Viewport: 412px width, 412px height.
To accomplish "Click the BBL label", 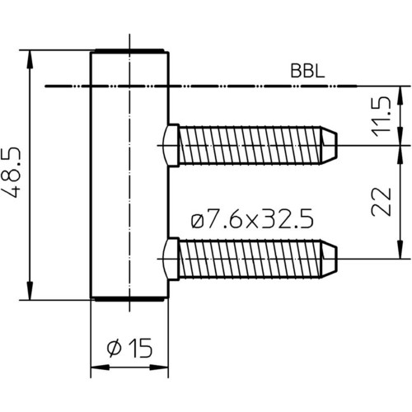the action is click(307, 71).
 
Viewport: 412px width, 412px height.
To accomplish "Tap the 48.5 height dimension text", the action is click(13, 172).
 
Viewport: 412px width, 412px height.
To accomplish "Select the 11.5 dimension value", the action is click(381, 117).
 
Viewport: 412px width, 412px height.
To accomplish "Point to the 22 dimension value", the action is click(381, 202).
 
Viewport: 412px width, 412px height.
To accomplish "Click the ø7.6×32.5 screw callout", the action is click(252, 218).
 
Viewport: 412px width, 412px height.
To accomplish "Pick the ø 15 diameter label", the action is click(129, 348).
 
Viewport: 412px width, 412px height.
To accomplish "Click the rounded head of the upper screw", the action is click(171, 145).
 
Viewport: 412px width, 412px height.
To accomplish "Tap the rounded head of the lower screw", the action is click(171, 259).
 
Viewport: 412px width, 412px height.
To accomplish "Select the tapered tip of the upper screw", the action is click(329, 145).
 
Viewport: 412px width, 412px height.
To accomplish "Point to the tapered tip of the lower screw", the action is click(329, 259).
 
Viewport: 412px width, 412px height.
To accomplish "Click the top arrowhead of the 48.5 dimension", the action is click(30, 59).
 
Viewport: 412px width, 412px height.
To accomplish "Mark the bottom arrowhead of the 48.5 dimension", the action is click(30, 291).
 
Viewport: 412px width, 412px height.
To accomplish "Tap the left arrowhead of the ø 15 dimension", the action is click(100, 368).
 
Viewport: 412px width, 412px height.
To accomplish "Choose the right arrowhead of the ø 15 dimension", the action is click(159, 368).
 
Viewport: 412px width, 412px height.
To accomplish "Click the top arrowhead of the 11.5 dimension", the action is click(400, 96).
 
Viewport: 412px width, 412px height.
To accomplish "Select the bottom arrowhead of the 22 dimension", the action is click(400, 250).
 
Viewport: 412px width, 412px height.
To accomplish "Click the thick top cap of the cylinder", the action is click(129, 51).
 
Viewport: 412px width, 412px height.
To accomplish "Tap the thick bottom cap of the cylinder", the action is click(129, 299).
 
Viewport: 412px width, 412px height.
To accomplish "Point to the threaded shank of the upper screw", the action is click(250, 145).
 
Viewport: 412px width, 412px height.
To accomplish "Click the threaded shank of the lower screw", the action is click(250, 259).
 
